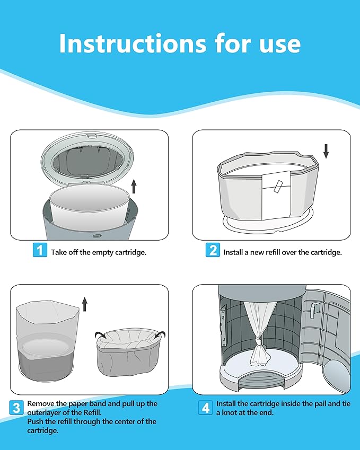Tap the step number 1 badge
point(40,250)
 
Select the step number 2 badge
point(213,250)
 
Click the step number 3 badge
point(17,408)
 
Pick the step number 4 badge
point(205,408)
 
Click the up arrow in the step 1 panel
point(134,186)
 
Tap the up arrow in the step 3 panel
point(84,304)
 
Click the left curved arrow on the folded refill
point(99,334)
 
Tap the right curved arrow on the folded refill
point(160,334)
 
